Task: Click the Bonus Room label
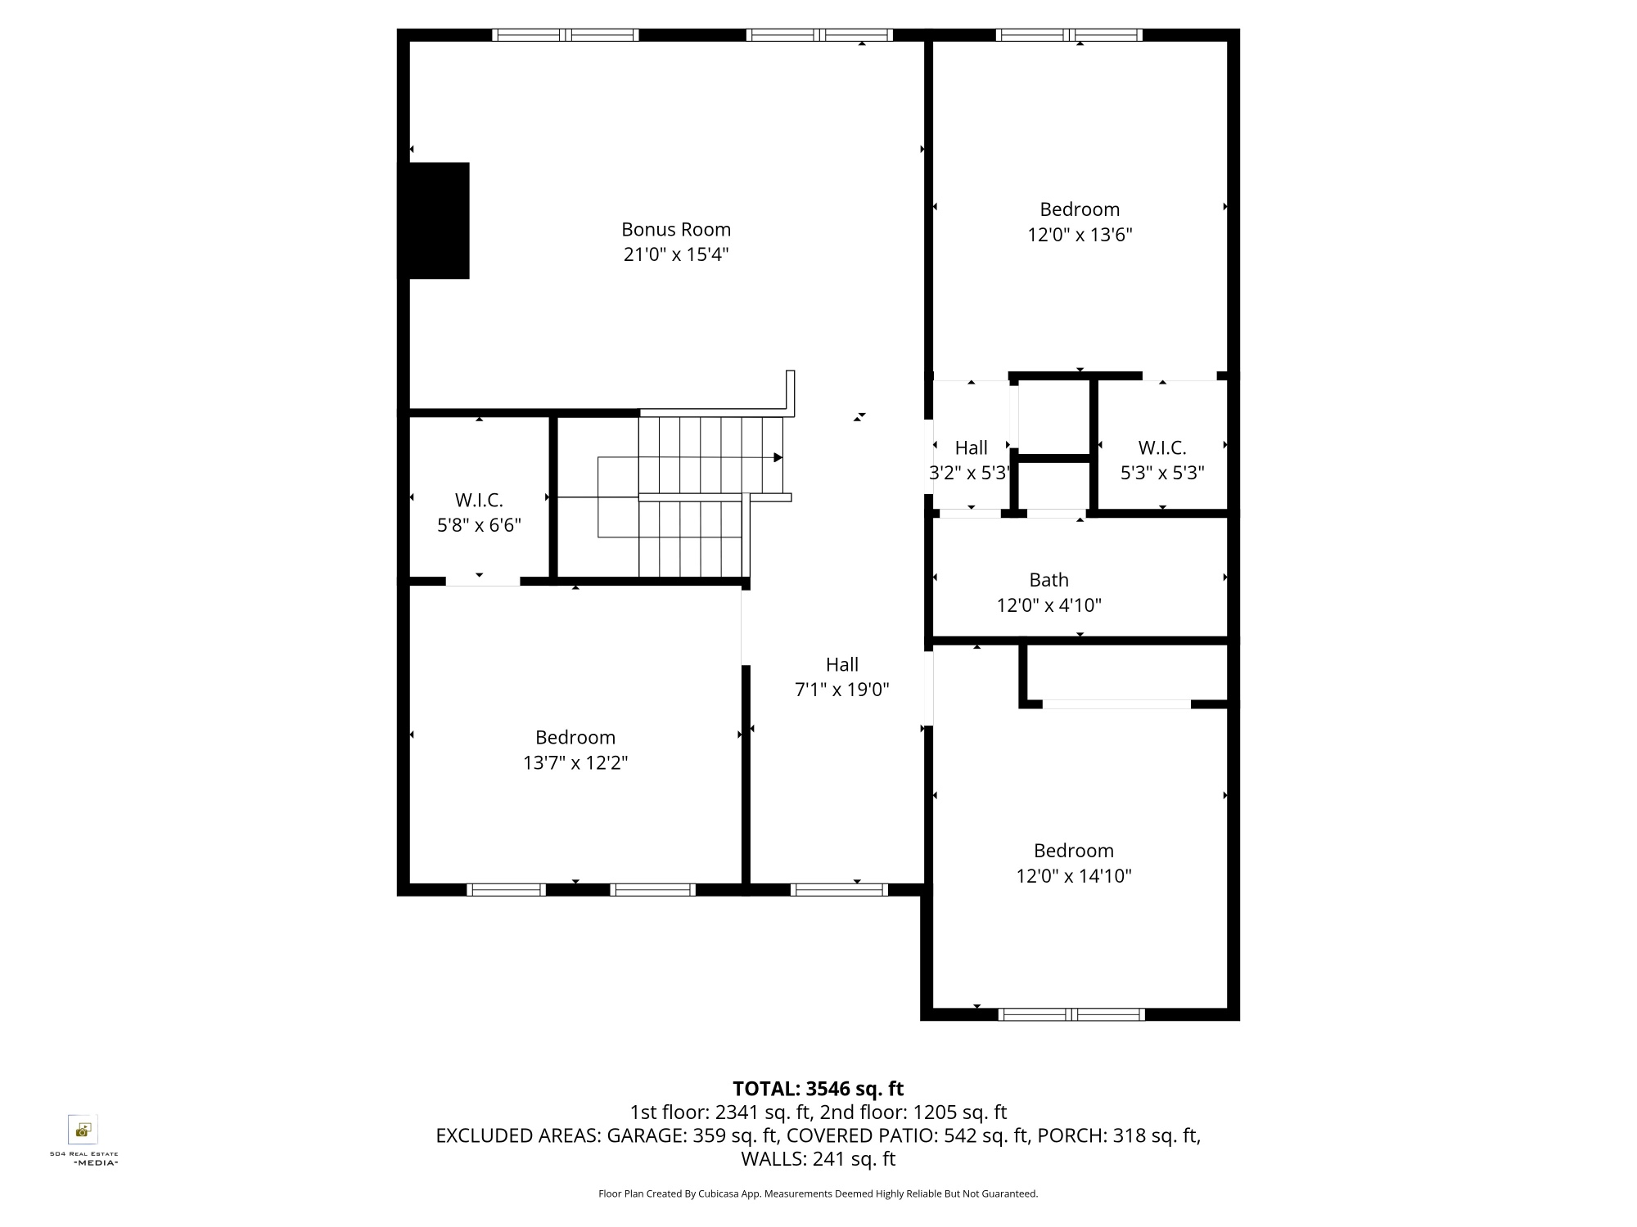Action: click(x=676, y=229)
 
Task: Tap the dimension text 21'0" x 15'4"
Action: click(x=676, y=254)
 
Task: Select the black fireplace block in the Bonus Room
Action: click(x=434, y=221)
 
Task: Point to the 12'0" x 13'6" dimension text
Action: click(x=1080, y=235)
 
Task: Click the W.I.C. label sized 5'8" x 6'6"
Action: click(x=479, y=500)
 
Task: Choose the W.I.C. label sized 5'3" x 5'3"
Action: click(x=1162, y=447)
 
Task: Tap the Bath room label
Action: click(x=1048, y=580)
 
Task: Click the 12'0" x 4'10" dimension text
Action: click(x=1048, y=605)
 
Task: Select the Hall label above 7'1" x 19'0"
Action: click(x=842, y=664)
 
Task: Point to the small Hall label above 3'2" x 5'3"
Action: click(x=972, y=447)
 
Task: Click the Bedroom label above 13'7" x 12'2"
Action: click(x=575, y=737)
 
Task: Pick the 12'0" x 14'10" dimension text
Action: click(x=1074, y=876)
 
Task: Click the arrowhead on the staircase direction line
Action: click(x=778, y=457)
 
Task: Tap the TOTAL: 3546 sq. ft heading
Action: click(x=818, y=1089)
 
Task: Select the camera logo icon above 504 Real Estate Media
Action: click(x=83, y=1130)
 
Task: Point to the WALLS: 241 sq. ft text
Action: click(x=818, y=1159)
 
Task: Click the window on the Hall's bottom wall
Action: click(x=839, y=890)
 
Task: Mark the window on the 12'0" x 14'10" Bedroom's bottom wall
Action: click(x=1071, y=1015)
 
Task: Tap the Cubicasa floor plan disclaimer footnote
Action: click(x=818, y=1194)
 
